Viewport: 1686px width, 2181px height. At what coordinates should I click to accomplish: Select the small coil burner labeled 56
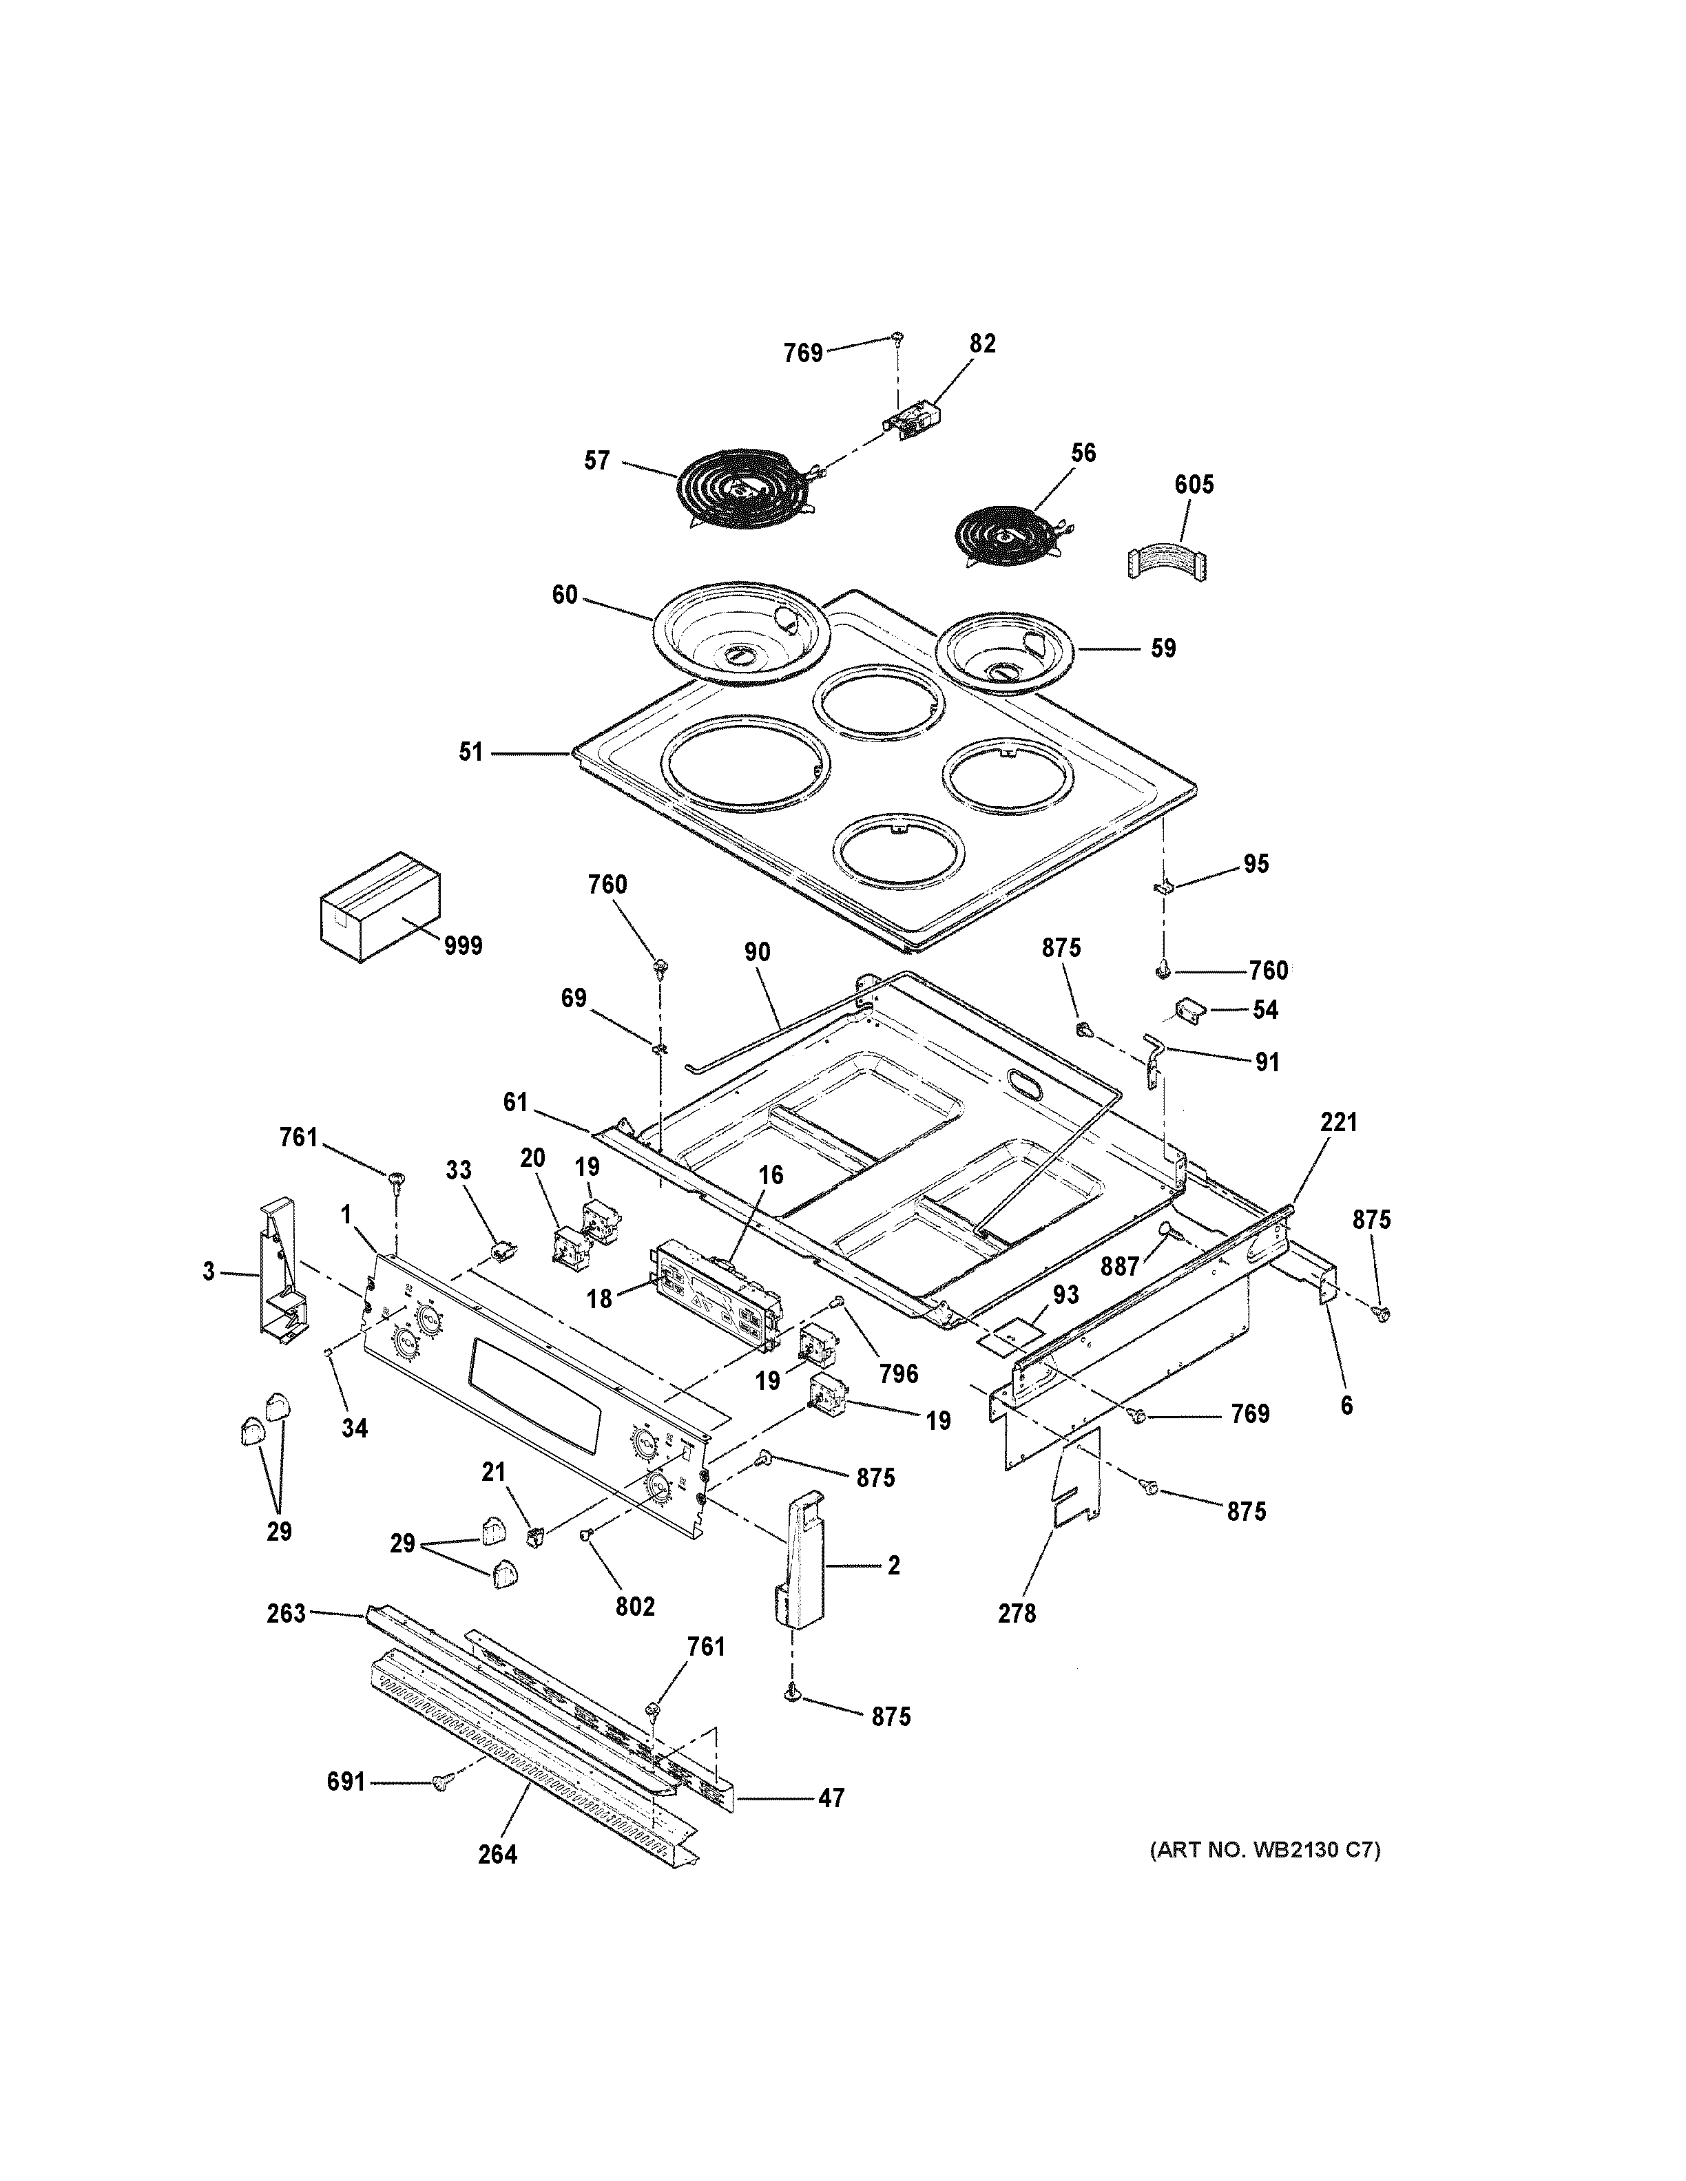pos(1003,537)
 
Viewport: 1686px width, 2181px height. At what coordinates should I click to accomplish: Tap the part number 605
pos(1194,485)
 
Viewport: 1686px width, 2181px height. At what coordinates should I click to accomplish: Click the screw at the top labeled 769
pos(898,339)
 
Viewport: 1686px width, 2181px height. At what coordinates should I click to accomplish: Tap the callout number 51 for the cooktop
pos(470,752)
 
